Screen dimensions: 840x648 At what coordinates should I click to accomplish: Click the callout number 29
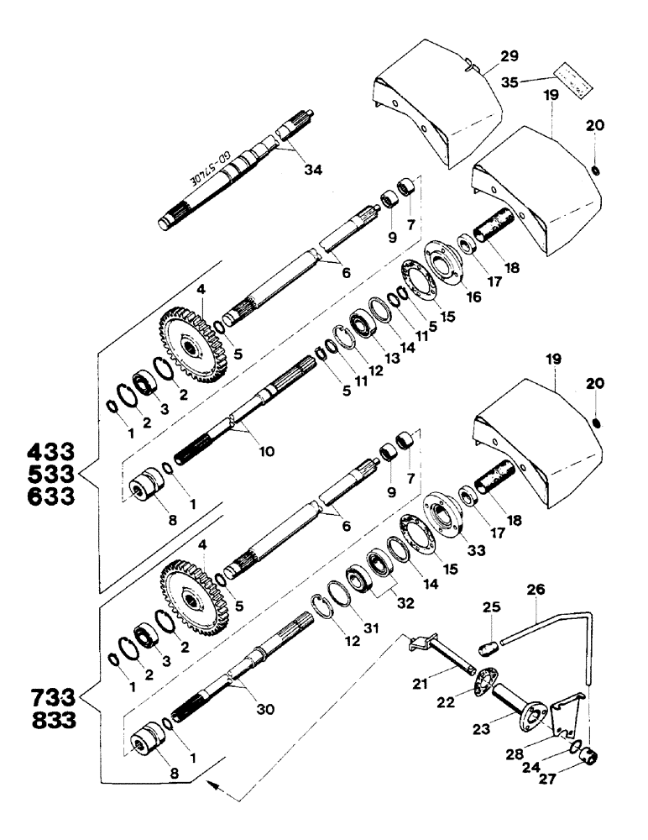tap(509, 56)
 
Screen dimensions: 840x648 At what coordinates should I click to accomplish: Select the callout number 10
tap(266, 451)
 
